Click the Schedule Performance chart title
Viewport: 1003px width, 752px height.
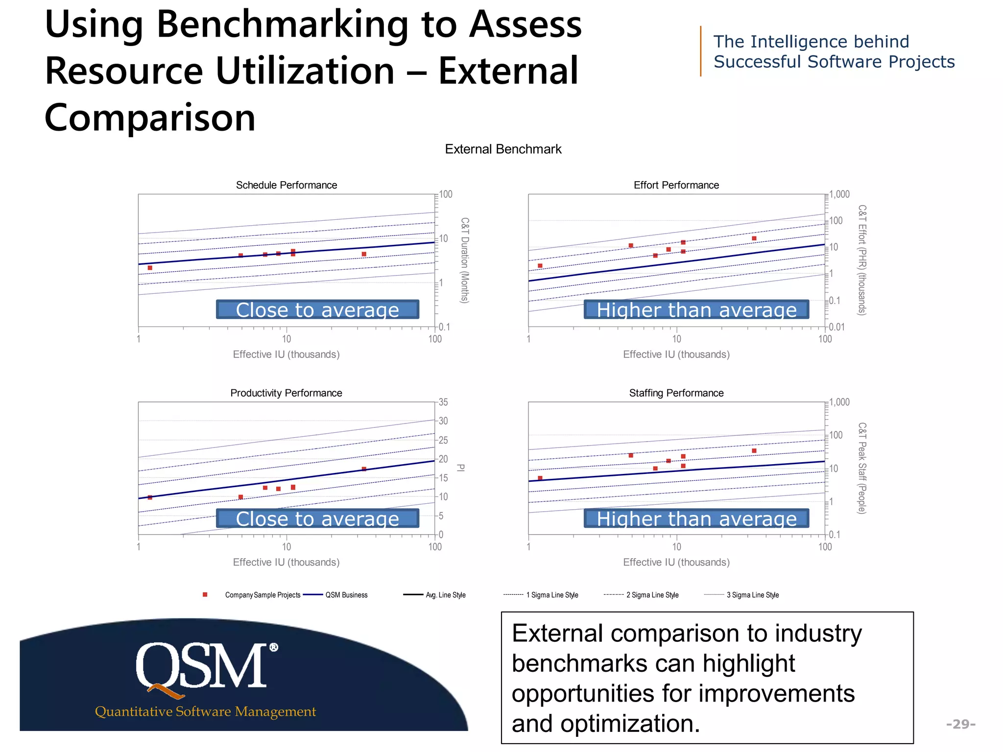pyautogui.click(x=287, y=185)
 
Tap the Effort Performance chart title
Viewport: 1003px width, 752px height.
pyautogui.click(x=676, y=185)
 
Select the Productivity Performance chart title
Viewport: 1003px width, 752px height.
pyautogui.click(x=286, y=393)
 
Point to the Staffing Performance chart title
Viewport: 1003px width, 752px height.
pyautogui.click(x=676, y=393)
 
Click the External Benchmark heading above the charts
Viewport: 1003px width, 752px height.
pyautogui.click(x=503, y=149)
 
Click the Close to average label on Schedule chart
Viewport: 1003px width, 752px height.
pyautogui.click(x=317, y=309)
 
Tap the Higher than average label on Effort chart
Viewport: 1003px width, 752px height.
pyautogui.click(x=696, y=309)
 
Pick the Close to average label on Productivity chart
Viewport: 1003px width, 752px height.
pyautogui.click(x=317, y=518)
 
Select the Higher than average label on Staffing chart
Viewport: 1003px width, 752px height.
pyautogui.click(x=696, y=518)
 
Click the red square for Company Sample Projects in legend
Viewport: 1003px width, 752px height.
pyautogui.click(x=205, y=595)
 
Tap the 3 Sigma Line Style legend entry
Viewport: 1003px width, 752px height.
pyautogui.click(x=752, y=595)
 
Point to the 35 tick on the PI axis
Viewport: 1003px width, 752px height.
pyautogui.click(x=443, y=402)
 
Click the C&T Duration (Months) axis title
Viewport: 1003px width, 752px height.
pyautogui.click(x=465, y=260)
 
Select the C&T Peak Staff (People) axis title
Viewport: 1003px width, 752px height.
pyautogui.click(x=862, y=468)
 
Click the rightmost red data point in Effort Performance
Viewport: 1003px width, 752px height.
pyautogui.click(x=754, y=238)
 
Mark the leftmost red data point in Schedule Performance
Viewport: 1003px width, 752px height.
pyautogui.click(x=150, y=268)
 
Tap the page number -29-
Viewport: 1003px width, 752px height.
pyautogui.click(x=960, y=724)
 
